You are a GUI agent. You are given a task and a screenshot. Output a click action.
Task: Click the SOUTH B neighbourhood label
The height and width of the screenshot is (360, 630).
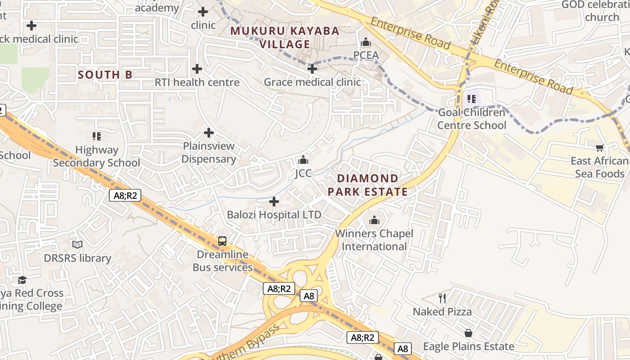point(105,75)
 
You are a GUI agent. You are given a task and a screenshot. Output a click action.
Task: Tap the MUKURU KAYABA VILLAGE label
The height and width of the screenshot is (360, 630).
point(285,38)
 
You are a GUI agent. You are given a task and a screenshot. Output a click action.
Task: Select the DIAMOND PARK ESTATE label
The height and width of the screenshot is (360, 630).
point(368,185)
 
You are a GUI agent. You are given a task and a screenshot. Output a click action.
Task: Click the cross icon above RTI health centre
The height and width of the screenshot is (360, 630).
point(197,69)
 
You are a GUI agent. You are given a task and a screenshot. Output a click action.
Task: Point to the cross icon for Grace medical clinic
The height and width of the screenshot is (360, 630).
point(312,69)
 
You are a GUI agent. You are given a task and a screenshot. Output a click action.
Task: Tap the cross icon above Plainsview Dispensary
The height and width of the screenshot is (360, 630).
point(209,133)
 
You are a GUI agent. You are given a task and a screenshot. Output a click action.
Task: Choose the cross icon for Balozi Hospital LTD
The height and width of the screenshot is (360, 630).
point(274,201)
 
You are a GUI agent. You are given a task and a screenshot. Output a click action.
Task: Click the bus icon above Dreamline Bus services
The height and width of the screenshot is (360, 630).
point(222,241)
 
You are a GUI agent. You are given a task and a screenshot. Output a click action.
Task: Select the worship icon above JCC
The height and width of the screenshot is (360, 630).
point(303,160)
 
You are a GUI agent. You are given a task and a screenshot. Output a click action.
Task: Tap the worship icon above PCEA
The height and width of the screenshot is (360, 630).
point(366,42)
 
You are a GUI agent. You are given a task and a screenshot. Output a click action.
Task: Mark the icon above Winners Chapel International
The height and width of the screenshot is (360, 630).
point(374,220)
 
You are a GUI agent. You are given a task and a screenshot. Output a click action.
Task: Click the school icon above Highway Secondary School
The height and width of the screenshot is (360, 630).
point(96,136)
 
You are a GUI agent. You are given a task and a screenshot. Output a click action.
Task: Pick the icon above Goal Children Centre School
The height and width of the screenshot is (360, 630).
point(472,99)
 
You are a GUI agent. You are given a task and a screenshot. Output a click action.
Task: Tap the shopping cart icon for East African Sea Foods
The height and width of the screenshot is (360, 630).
point(599,148)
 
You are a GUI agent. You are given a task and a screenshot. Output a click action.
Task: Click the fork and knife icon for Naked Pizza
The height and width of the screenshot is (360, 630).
point(442,298)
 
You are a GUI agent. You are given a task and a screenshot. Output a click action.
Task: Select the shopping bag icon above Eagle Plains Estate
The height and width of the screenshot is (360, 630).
point(468,333)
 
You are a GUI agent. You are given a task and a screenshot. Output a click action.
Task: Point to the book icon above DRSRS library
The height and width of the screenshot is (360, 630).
point(77,244)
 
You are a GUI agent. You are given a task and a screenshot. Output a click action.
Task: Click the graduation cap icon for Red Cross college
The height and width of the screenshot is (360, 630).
point(22,280)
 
